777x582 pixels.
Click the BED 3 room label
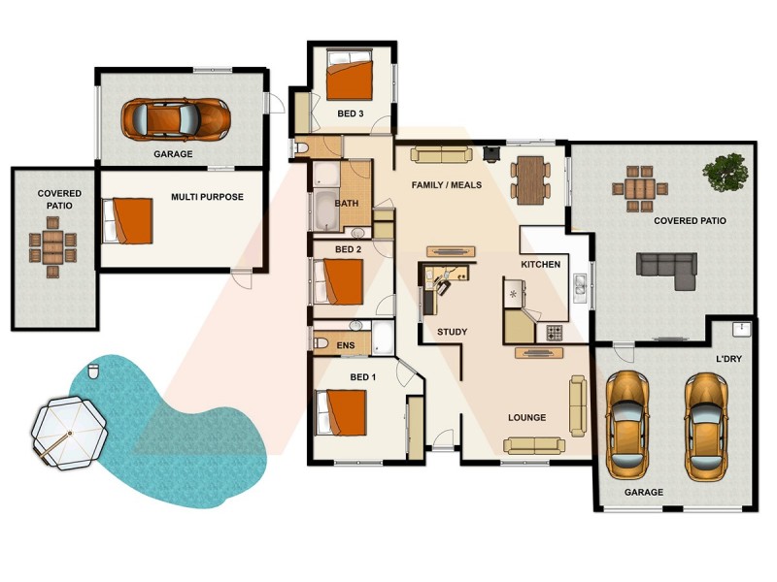[x=351, y=113]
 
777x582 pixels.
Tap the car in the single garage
[x=176, y=118]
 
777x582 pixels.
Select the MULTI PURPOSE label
[x=207, y=197]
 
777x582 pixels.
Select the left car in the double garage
[x=627, y=424]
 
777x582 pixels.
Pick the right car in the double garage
[x=706, y=424]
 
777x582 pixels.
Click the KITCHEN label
[x=541, y=265]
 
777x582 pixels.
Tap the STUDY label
[x=452, y=332]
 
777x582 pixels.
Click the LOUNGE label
[x=526, y=418]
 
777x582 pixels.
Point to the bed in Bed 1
[x=342, y=412]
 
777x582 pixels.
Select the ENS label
[x=345, y=345]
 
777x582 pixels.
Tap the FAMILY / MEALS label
[x=447, y=184]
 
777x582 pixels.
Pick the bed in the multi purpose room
[x=130, y=220]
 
